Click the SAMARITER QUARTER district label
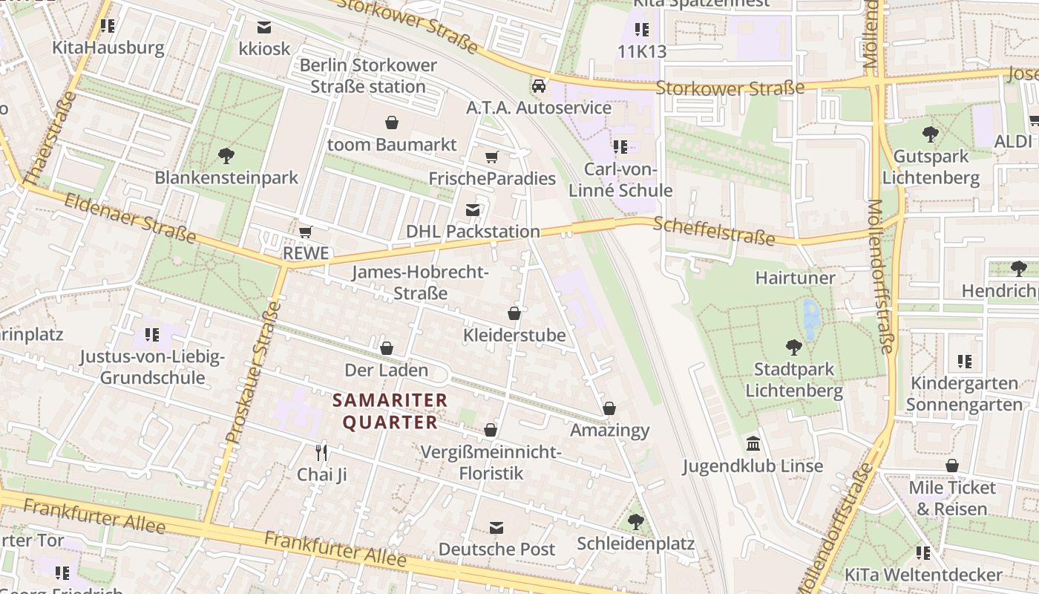tap(390, 411)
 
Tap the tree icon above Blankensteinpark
tap(226, 156)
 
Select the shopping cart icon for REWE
tap(305, 232)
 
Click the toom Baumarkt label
tap(392, 144)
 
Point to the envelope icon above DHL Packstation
tap(473, 210)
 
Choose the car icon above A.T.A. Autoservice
tap(539, 85)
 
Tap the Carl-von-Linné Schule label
tap(620, 180)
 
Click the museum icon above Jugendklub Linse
tap(753, 444)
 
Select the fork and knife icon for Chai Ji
tap(321, 452)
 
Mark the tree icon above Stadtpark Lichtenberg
tap(793, 347)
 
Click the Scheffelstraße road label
tap(714, 231)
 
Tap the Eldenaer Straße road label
tap(130, 218)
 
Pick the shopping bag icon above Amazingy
tap(609, 408)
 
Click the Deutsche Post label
tap(496, 549)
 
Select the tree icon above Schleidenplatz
tap(635, 521)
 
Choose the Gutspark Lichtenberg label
tap(931, 167)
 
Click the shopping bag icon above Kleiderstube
tap(514, 313)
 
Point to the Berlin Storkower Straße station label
tap(368, 76)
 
